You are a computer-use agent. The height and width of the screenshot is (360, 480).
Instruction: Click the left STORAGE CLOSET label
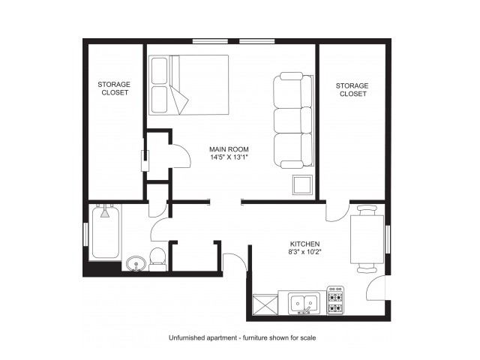tap(113, 89)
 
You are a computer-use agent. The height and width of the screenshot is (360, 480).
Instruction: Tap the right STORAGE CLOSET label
tap(352, 89)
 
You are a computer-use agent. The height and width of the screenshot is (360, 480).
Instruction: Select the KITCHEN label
tap(305, 244)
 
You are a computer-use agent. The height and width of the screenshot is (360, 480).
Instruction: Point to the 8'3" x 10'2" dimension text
tap(305, 254)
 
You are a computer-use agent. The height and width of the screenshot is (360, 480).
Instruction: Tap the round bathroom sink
tap(136, 263)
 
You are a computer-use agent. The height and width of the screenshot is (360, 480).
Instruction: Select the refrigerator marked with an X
tap(265, 304)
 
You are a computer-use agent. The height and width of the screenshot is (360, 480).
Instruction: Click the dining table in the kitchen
tap(367, 239)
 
